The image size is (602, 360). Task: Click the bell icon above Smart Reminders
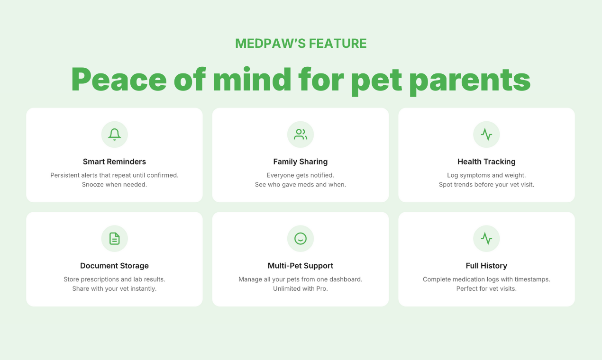[x=114, y=135]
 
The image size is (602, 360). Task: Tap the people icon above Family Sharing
[x=301, y=135]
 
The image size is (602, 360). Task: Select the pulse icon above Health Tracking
[x=486, y=135]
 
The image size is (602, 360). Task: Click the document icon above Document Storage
[x=114, y=238]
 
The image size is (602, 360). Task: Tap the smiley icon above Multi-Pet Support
[x=301, y=238]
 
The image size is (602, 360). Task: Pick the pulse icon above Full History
[x=486, y=238]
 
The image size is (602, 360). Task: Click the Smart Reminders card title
[x=114, y=162]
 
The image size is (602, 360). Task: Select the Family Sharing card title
[x=301, y=162]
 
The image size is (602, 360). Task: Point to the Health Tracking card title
[x=486, y=162]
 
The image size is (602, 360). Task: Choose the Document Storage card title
[x=114, y=266]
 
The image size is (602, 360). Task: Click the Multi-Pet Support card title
[x=301, y=266]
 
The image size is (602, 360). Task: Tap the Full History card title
[x=486, y=266]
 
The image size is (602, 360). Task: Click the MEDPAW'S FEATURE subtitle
[x=301, y=44]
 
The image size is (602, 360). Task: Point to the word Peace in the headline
[x=119, y=79]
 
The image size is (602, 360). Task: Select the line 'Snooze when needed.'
[x=114, y=184]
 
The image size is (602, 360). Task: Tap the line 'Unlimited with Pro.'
[x=301, y=288]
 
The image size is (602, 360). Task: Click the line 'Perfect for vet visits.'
[x=486, y=288]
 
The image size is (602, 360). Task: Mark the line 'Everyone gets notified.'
[x=301, y=175]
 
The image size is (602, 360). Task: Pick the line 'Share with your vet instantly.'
[x=114, y=288]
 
